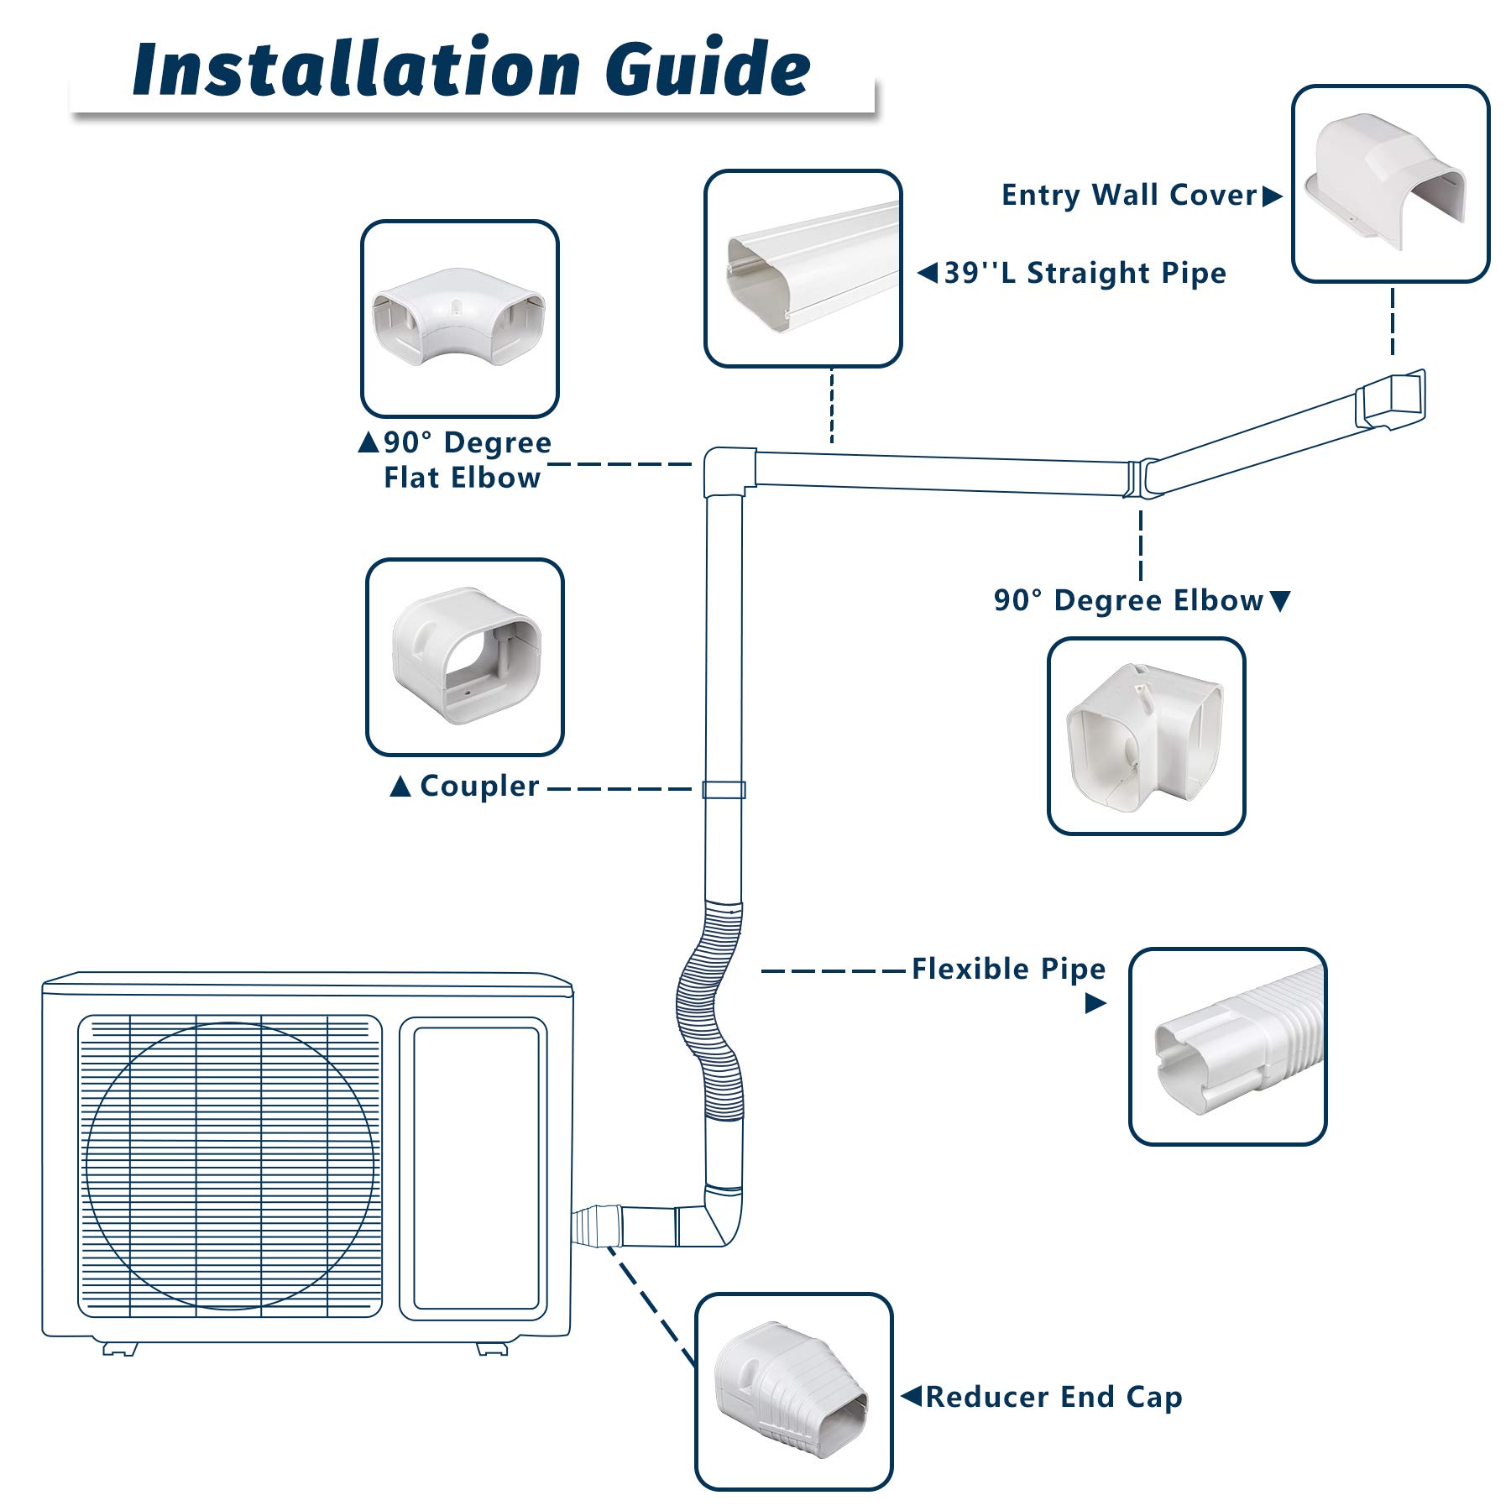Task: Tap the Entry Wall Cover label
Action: (x=1128, y=196)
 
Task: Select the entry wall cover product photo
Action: (x=1390, y=184)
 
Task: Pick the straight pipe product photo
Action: (x=803, y=269)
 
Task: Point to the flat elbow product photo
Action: (x=460, y=319)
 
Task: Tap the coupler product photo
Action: (x=465, y=657)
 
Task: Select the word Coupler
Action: (x=479, y=787)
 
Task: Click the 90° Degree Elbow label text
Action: (x=1128, y=601)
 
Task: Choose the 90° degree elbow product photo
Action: (x=1146, y=736)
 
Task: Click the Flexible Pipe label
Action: (x=1008, y=970)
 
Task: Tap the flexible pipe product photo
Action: (x=1227, y=1047)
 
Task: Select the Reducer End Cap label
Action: (x=1054, y=1397)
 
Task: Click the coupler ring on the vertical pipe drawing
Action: (x=724, y=790)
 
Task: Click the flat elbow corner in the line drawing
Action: (x=727, y=470)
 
